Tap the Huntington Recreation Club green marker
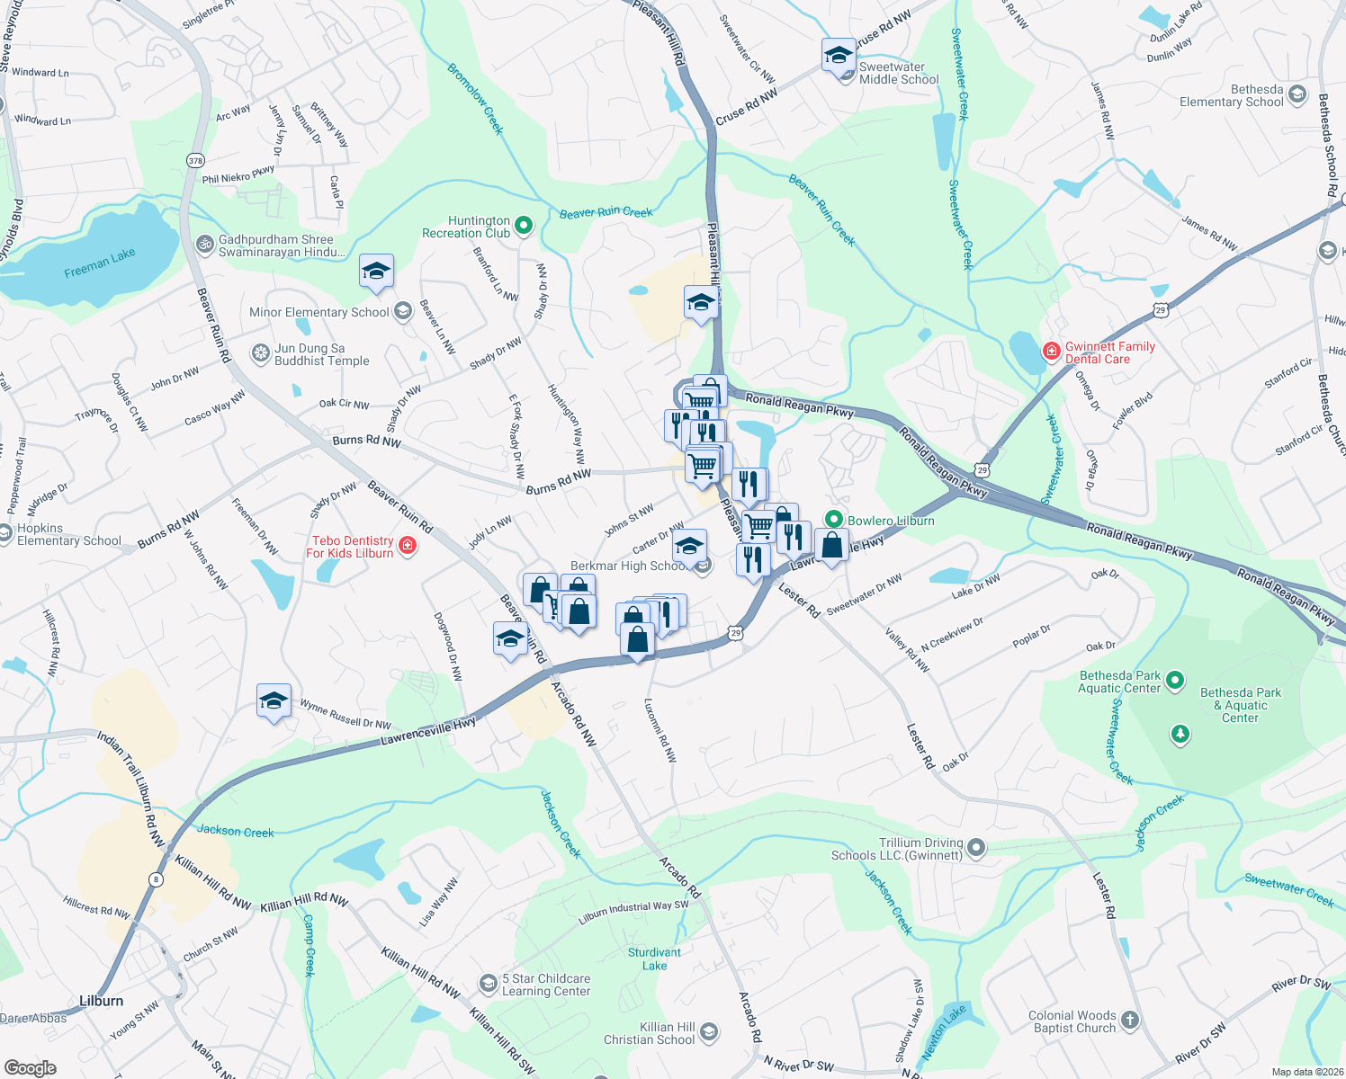pos(524,226)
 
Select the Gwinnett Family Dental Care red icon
pos(1051,352)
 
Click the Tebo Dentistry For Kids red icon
pos(408,546)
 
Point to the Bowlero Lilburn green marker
pos(834,520)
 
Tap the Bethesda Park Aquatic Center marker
pos(1175,682)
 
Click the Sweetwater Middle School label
pos(898,73)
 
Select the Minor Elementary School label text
pos(319,312)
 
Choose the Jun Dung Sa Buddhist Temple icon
pos(261,353)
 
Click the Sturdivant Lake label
pos(654,959)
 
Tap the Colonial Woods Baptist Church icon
pos(1130,1021)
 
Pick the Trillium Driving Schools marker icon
pos(976,848)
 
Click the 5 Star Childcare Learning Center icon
pos(488,984)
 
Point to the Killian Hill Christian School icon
pos(709,1032)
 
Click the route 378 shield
pos(195,160)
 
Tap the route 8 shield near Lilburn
pos(157,879)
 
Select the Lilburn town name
pos(101,1001)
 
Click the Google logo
pos(30,1067)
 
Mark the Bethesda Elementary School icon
pos(1297,94)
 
